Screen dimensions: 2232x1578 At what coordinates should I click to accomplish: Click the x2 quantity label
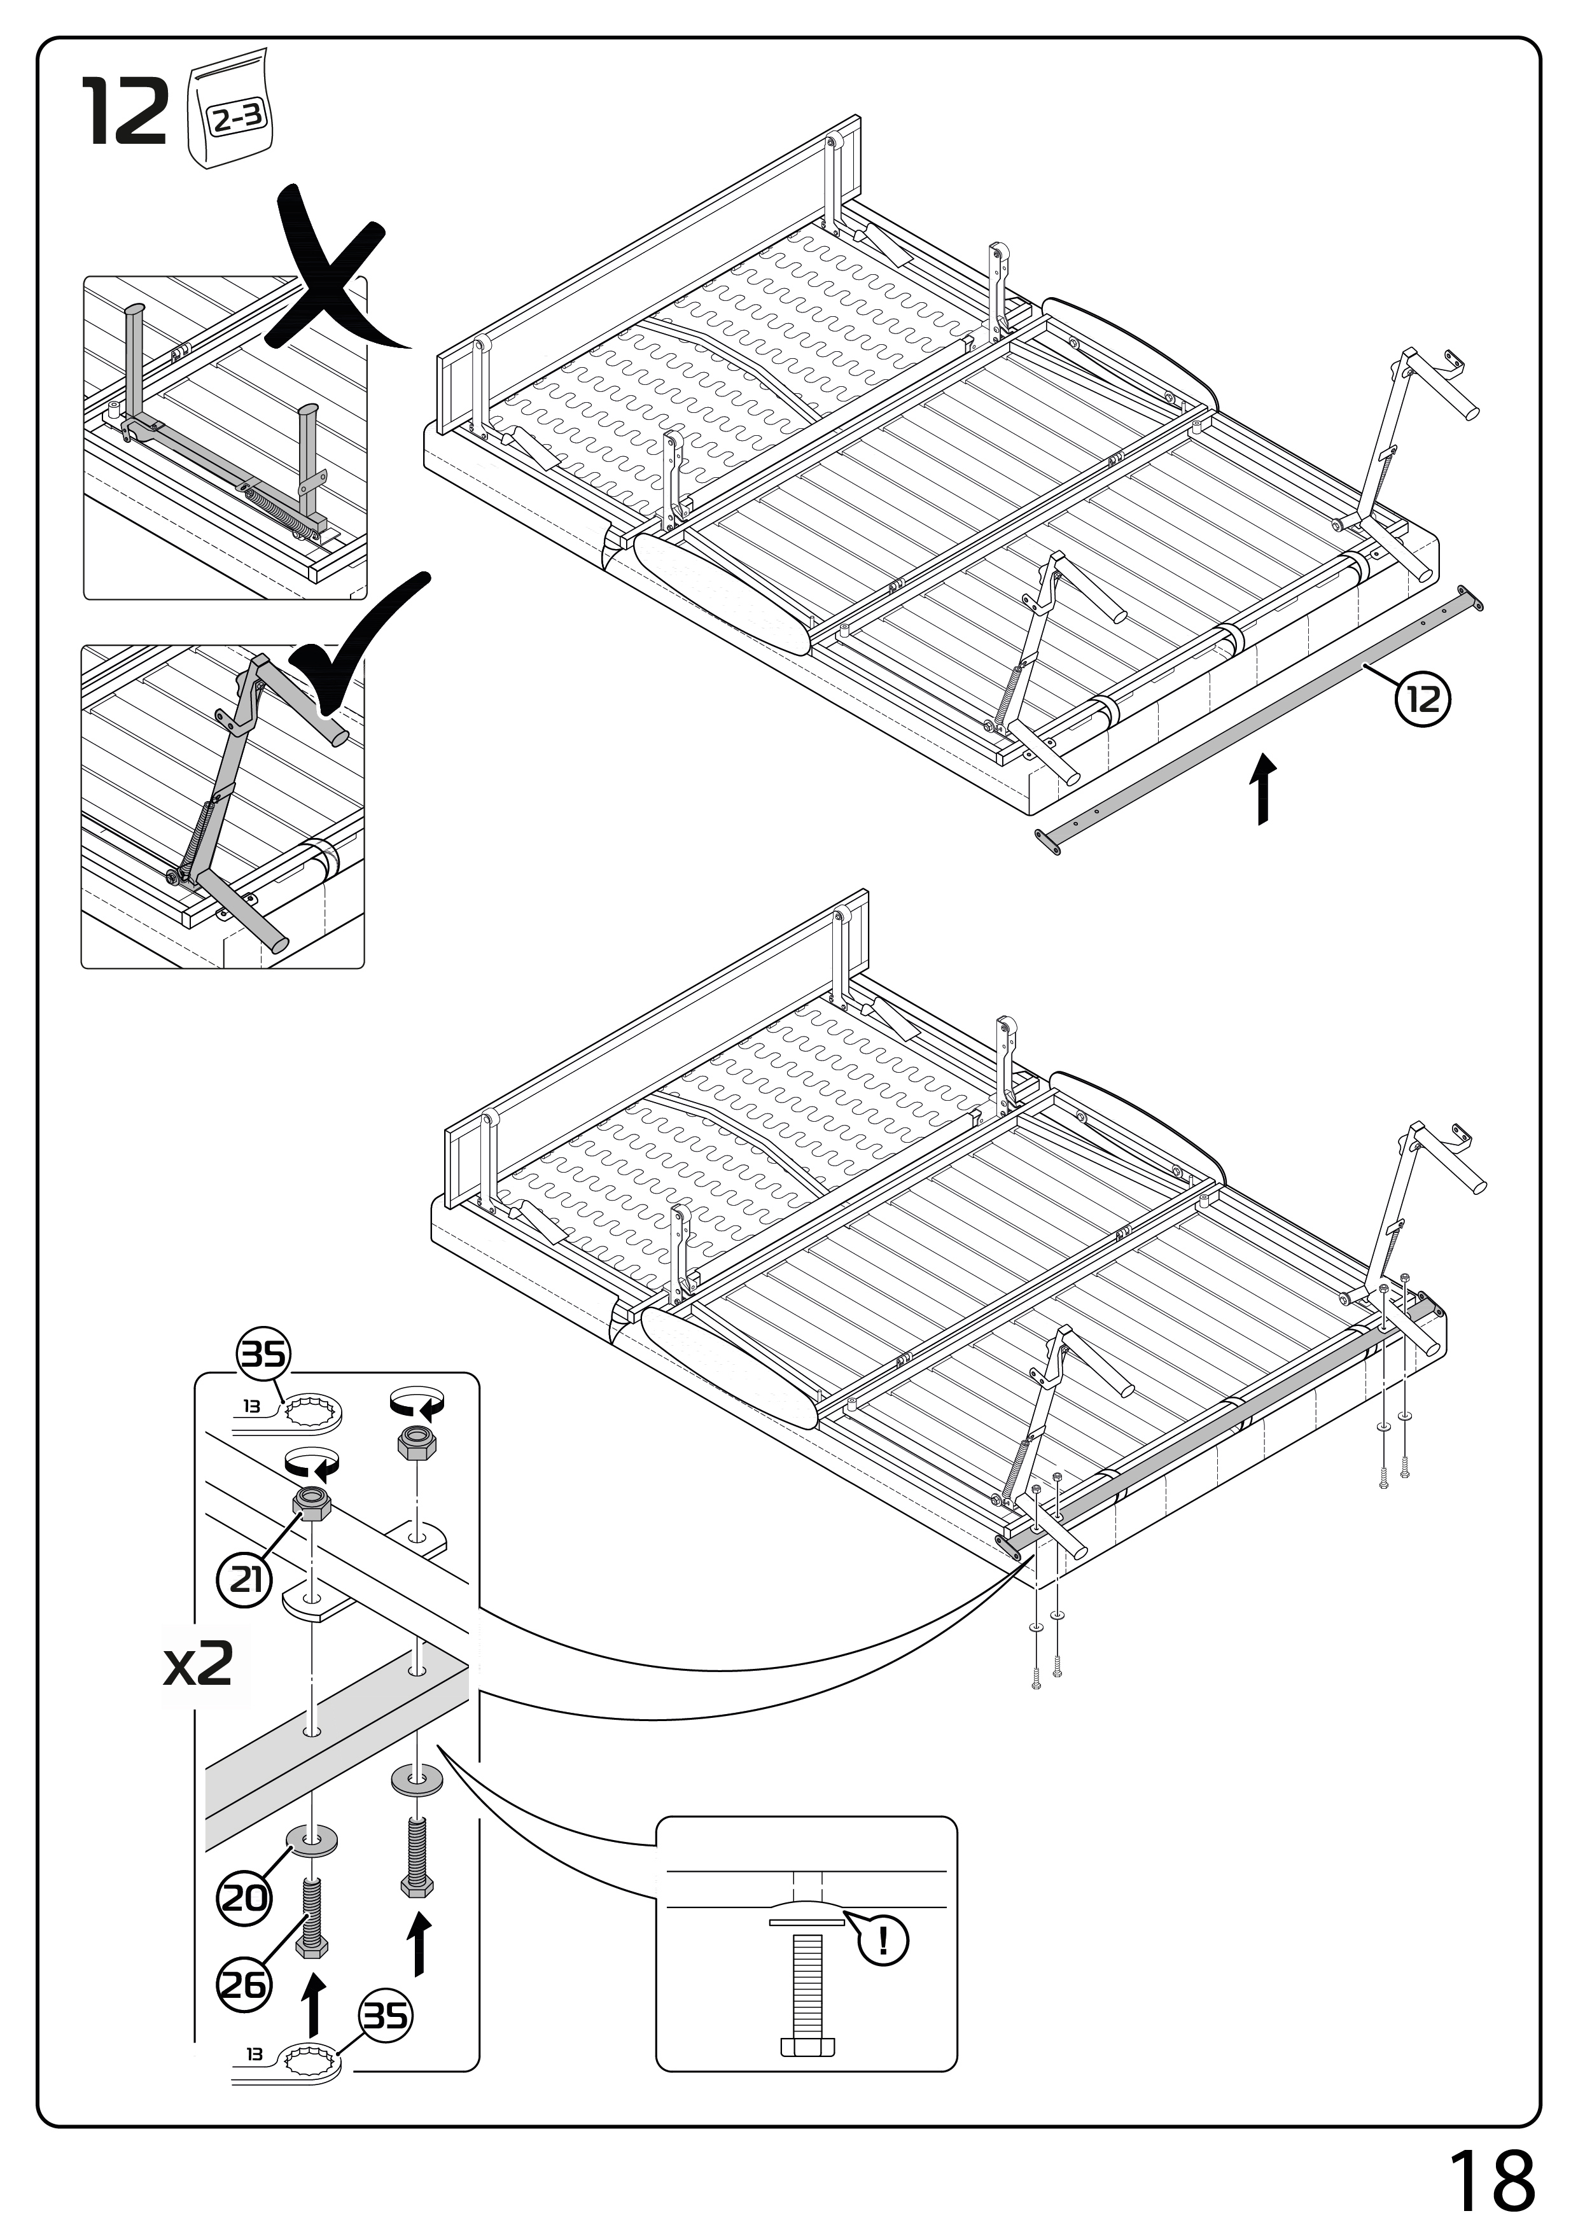pos(199,1666)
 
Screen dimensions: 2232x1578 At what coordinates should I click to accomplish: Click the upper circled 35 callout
pos(263,1354)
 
